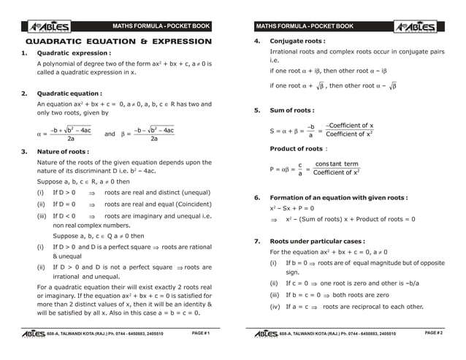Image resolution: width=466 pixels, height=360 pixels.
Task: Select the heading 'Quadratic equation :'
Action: (x=69, y=93)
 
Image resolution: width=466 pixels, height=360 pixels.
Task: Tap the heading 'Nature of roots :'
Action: (x=63, y=151)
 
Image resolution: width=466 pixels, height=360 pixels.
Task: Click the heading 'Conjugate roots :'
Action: (x=297, y=41)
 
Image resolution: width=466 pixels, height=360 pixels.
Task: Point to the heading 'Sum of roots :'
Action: (x=292, y=110)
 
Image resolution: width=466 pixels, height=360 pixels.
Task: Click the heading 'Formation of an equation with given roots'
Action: (x=338, y=197)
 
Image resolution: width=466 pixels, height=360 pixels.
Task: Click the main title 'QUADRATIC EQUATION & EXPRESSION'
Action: (x=113, y=42)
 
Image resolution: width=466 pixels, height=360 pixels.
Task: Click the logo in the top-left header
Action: (x=49, y=27)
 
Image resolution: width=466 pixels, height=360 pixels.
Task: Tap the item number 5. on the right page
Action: (x=257, y=110)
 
